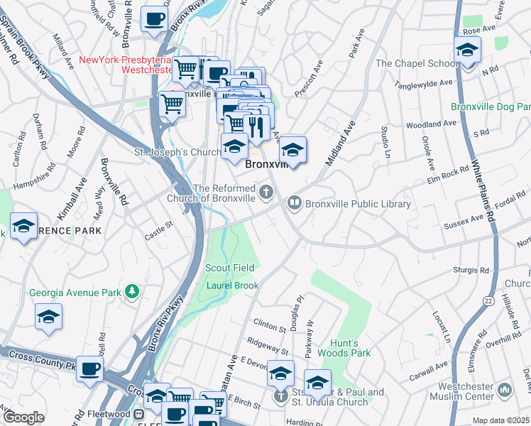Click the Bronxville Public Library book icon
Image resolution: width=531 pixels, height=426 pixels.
click(294, 204)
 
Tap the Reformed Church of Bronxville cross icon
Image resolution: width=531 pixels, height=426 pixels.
click(265, 191)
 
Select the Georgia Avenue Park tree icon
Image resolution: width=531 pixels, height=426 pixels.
click(131, 291)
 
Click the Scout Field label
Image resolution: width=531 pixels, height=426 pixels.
click(230, 268)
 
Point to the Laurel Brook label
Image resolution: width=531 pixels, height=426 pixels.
click(232, 285)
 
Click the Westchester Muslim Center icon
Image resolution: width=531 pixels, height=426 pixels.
click(505, 390)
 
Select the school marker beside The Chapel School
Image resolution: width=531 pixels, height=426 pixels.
click(467, 50)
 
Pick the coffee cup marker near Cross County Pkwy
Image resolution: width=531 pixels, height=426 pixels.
click(90, 369)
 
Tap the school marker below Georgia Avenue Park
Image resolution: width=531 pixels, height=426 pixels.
click(48, 317)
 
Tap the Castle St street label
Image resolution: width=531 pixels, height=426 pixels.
click(159, 229)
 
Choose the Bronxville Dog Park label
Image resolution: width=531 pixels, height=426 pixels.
click(491, 107)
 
